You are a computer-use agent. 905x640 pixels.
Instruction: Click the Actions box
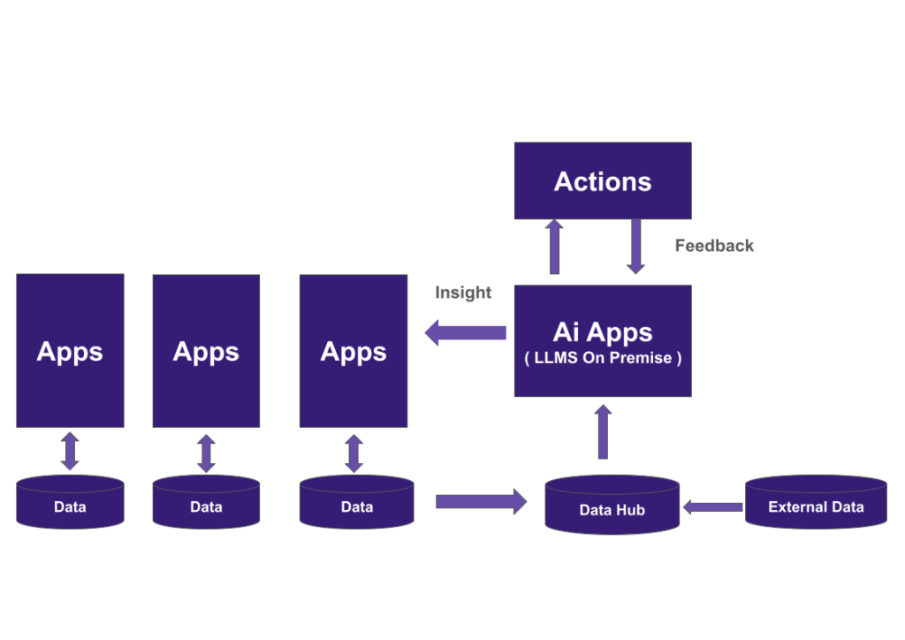click(602, 181)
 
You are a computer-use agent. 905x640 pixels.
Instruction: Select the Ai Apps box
click(602, 340)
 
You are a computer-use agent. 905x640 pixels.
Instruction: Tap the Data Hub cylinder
click(612, 506)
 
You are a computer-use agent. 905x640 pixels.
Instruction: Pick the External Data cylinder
click(815, 503)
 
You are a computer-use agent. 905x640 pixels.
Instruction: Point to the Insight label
click(463, 293)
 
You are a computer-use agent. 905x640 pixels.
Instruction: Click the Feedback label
click(714, 246)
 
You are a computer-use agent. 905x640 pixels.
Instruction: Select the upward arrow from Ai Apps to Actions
click(554, 248)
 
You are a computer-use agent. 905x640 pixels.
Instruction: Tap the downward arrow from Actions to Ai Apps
click(635, 248)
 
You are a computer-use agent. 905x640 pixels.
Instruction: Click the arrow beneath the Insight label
click(466, 333)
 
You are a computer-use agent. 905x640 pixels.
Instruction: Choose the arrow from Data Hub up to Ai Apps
click(603, 432)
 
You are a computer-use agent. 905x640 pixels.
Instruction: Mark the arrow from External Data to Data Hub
click(712, 507)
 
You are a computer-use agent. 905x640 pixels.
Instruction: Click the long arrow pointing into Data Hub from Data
click(481, 501)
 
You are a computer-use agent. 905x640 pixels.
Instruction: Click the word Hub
click(630, 510)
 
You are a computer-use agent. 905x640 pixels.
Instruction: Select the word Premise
click(644, 359)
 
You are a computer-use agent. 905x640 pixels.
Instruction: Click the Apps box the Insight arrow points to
click(353, 350)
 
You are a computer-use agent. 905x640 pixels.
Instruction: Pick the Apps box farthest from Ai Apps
click(70, 350)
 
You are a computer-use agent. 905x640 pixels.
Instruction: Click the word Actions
click(602, 181)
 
